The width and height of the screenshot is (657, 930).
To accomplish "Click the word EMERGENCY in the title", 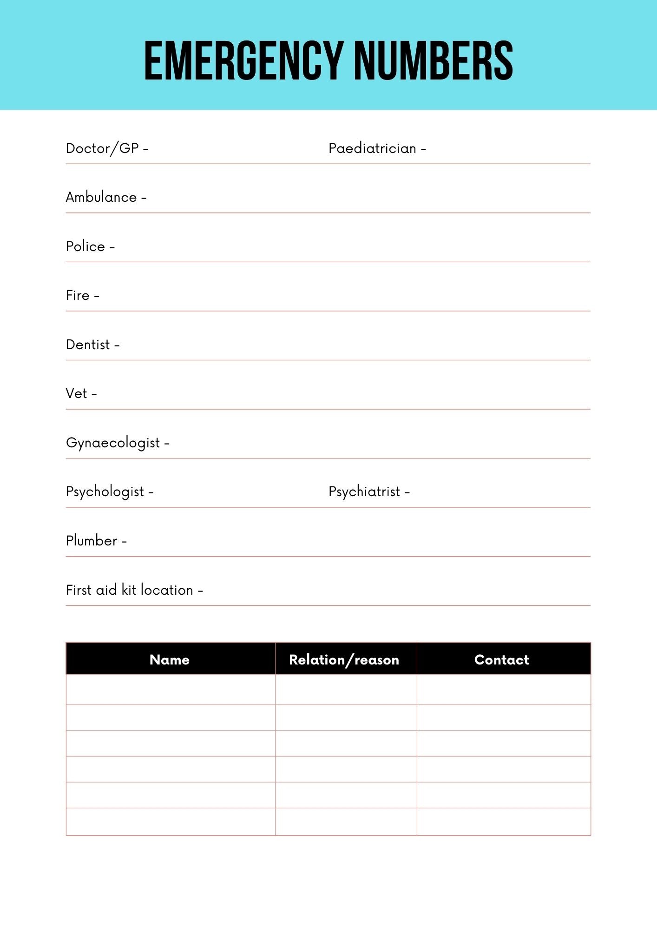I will coord(244,61).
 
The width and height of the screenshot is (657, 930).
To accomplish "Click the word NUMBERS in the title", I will coord(434,61).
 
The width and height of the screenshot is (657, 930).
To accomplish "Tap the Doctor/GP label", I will coord(103,148).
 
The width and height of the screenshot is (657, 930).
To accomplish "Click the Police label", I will coord(85,246).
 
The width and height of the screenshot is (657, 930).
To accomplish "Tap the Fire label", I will coord(78,295).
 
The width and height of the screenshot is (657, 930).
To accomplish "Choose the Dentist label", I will coord(88,345).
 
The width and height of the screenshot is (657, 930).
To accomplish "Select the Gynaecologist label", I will coord(113,443).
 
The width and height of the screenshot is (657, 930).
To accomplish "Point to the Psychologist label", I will coord(105,492).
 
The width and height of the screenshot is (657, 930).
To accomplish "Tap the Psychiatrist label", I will coord(364,492).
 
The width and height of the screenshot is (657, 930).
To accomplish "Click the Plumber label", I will coord(92,541).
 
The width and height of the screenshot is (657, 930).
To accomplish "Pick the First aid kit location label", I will coord(130,590).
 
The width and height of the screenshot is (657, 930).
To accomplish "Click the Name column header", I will coord(170,659).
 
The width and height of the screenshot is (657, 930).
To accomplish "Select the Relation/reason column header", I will coord(344,659).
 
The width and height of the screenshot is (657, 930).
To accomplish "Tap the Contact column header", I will coord(502,659).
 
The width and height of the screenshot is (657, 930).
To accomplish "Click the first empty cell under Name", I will coord(171,690).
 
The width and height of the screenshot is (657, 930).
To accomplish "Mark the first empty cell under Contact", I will coord(504,690).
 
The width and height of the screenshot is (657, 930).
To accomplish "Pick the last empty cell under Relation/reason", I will coord(346,822).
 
